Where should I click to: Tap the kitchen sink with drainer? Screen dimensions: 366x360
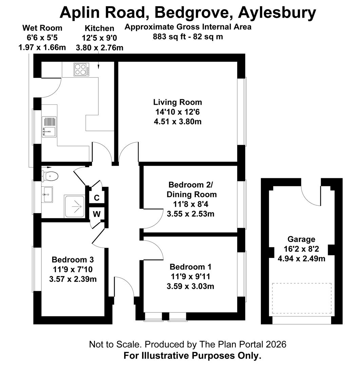[49, 127]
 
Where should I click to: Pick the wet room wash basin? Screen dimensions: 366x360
[47, 194]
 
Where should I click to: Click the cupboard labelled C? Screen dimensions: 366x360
[97, 198]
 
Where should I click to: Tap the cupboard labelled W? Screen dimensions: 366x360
[97, 214]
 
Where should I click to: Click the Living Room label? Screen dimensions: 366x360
[177, 102]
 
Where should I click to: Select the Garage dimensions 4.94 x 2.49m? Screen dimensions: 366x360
[301, 259]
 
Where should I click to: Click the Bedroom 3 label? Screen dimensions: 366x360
[73, 260]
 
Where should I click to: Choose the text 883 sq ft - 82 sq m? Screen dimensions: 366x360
[188, 37]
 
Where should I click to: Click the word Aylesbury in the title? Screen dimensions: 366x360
[277, 13]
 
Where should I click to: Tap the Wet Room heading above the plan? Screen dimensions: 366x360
[42, 28]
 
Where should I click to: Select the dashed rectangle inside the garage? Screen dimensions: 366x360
[301, 298]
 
